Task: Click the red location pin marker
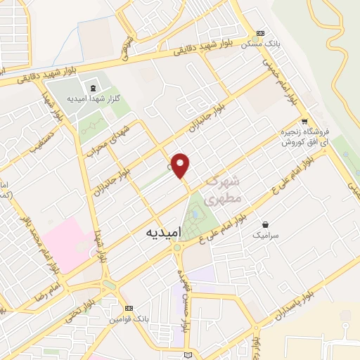coord(181,165)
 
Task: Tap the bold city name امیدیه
coord(165,231)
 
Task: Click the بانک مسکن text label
coord(261,44)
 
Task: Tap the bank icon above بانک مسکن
coord(261,33)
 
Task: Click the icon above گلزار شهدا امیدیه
coord(93,88)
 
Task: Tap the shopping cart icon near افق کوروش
coord(303,120)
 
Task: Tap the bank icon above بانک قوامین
coord(128,308)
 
